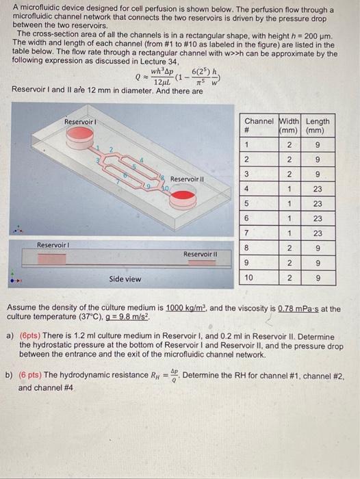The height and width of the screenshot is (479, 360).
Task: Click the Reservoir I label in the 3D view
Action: [x=79, y=121]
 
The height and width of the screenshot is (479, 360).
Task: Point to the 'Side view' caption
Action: [x=125, y=279]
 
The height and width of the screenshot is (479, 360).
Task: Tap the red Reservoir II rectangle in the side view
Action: [x=198, y=263]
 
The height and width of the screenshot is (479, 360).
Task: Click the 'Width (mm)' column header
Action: [x=290, y=126]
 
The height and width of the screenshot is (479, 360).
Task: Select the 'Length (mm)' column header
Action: [x=318, y=126]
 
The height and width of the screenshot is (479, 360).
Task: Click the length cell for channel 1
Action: [x=317, y=144]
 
